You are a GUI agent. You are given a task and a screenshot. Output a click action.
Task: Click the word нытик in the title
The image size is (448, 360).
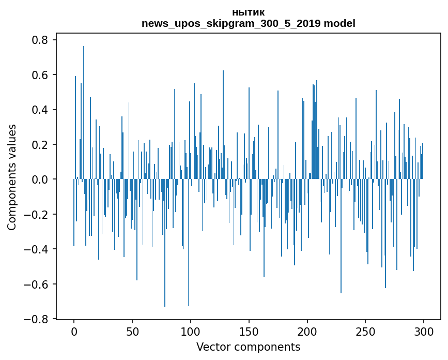click(x=249, y=12)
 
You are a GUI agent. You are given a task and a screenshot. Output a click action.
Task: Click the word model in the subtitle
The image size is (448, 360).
click(x=339, y=23)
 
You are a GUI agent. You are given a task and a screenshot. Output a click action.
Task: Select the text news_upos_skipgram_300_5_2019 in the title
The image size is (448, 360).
click(x=231, y=23)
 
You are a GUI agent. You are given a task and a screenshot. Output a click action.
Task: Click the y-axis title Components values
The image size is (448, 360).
click(x=12, y=177)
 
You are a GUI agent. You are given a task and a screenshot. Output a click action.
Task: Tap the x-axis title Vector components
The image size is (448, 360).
click(x=248, y=347)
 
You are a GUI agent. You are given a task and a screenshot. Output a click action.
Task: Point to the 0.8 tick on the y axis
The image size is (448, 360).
click(x=41, y=40)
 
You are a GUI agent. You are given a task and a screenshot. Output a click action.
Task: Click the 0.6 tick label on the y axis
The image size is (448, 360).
click(x=41, y=75)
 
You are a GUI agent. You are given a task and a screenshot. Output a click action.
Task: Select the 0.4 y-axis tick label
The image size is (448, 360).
click(x=41, y=110)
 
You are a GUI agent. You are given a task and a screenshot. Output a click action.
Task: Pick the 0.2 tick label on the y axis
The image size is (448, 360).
click(x=41, y=145)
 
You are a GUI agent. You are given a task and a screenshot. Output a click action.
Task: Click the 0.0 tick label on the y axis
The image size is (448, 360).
click(x=41, y=179)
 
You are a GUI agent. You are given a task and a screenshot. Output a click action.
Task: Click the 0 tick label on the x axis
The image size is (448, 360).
click(x=74, y=331)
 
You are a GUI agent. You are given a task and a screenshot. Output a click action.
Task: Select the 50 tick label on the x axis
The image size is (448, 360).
click(x=132, y=331)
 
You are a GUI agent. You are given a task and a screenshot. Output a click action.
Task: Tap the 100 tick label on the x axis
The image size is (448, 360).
click(x=191, y=331)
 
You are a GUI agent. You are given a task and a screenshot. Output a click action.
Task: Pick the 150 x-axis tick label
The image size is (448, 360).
click(x=249, y=331)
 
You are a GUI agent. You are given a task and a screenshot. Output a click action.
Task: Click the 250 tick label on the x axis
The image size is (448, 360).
click(x=366, y=331)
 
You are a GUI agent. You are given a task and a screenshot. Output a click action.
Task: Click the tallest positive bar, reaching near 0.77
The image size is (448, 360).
click(x=83, y=103)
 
